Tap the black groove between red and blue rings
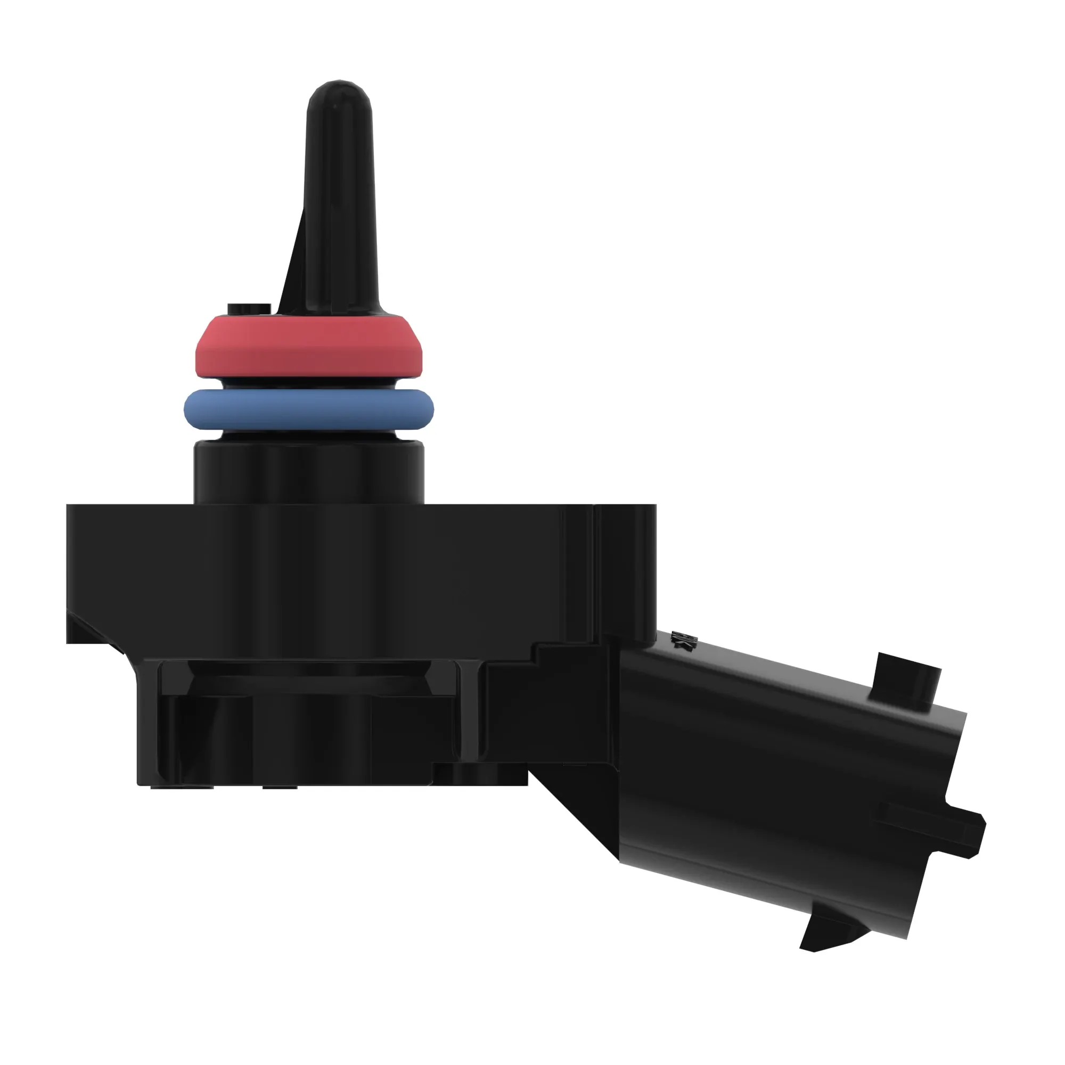coord(309,382)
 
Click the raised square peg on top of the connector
coord(904,681)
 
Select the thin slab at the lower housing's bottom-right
coord(480,774)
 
